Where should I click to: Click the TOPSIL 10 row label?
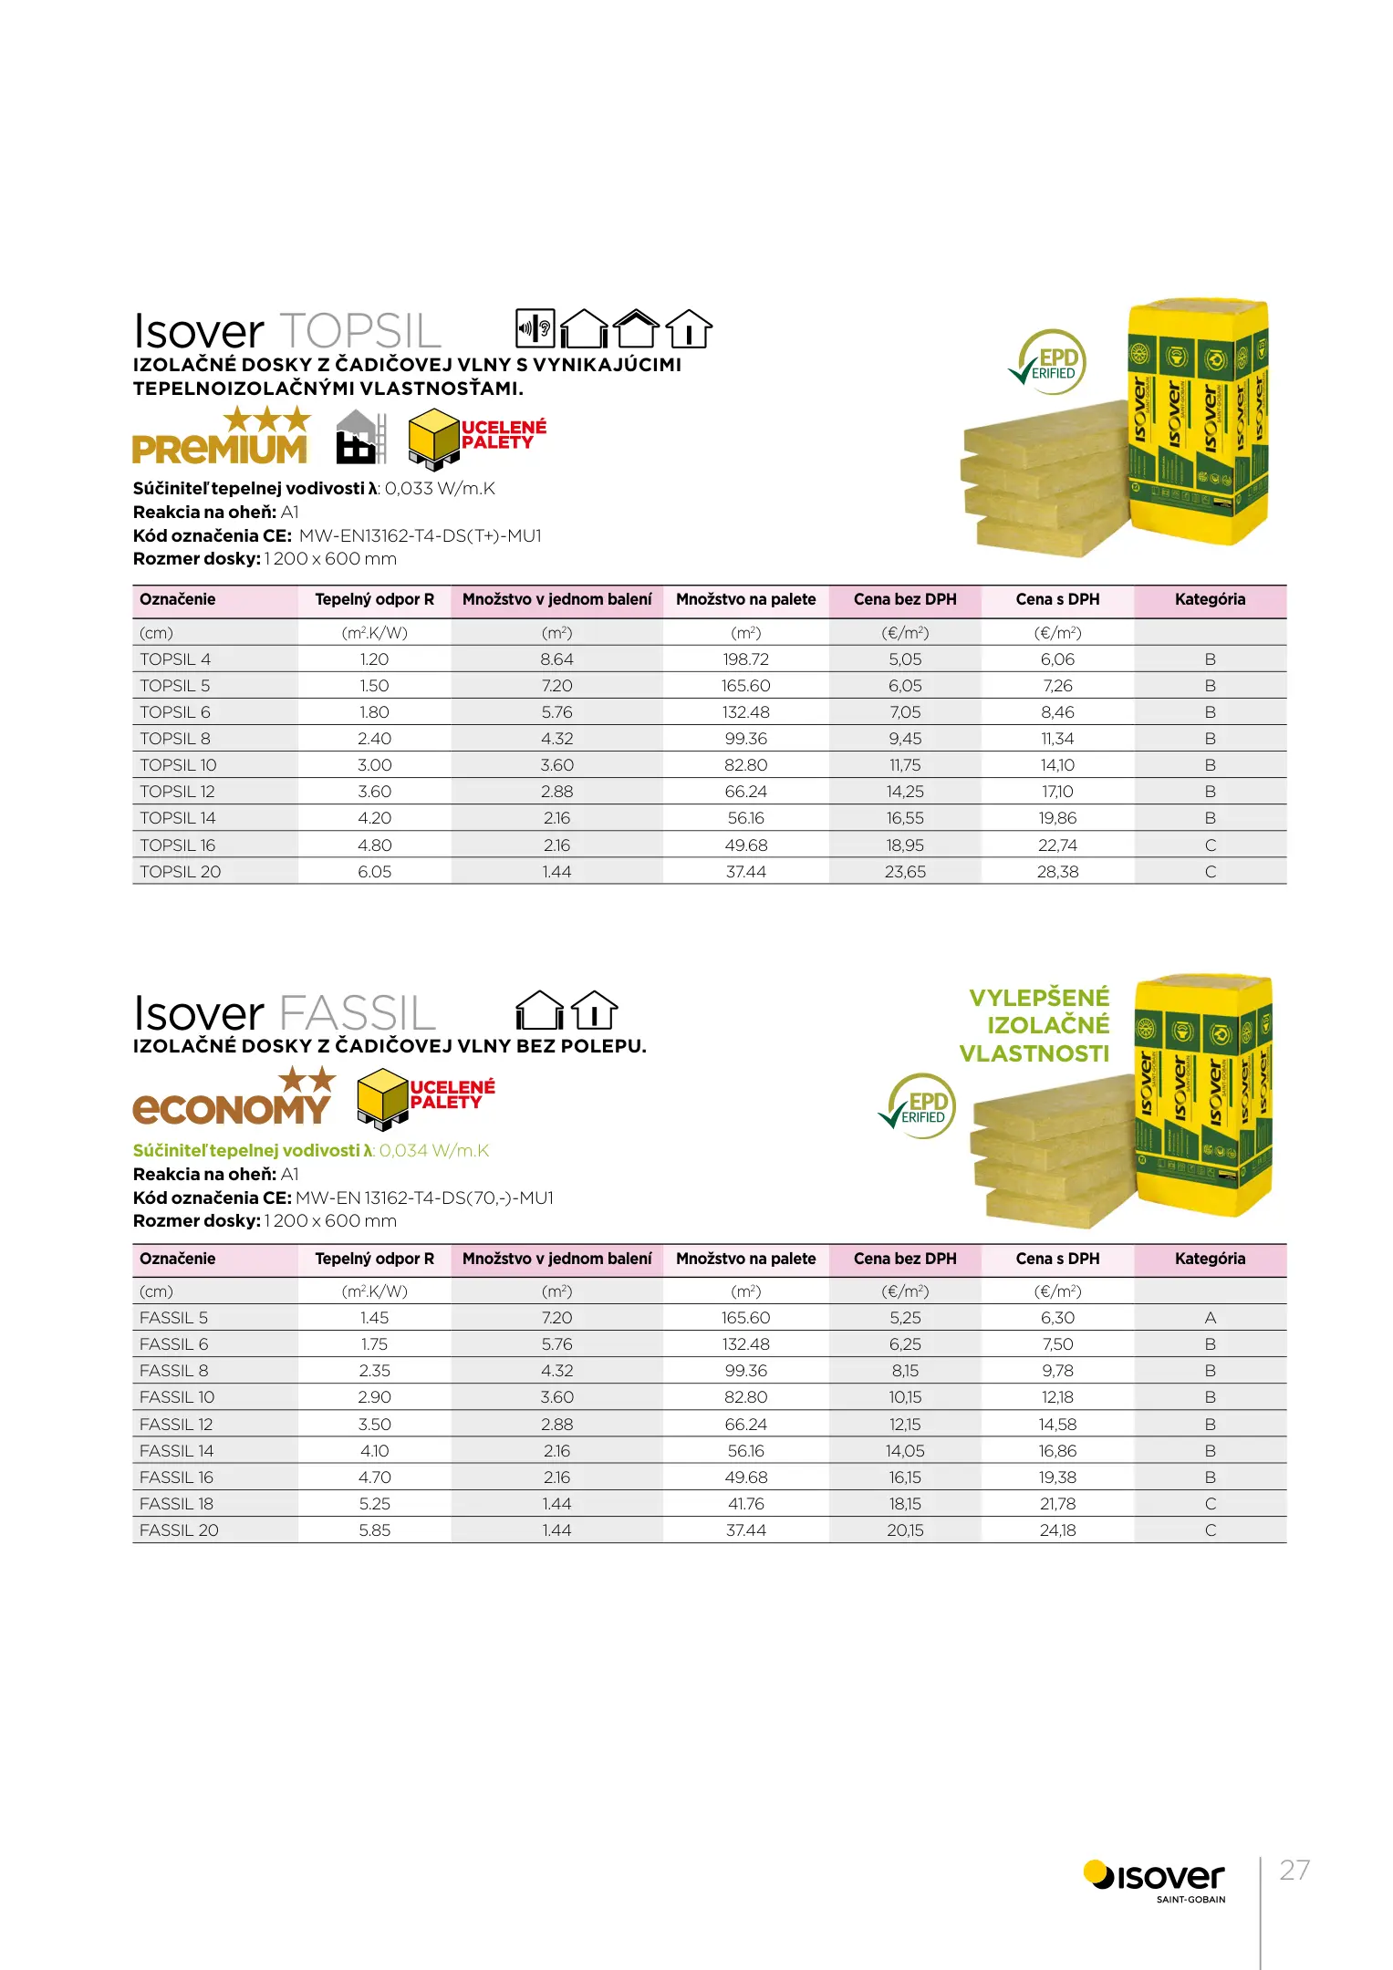178,765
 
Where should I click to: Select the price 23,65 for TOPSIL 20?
905,872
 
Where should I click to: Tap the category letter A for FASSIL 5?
1210,1318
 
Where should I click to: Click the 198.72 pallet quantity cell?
745,659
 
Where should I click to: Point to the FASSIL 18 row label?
176,1504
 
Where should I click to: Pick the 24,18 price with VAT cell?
1057,1530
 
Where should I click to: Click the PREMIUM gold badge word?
220,450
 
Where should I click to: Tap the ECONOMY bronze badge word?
231,1109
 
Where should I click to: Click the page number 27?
1294,1871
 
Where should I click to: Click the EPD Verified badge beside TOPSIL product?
1049,362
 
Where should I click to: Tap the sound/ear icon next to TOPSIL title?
535,328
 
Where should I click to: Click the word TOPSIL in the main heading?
360,331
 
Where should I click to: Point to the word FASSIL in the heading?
358,1013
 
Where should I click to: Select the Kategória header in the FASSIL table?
1210,1259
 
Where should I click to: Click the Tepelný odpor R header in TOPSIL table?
374,600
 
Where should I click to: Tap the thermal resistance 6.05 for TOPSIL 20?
374,872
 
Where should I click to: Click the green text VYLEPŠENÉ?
1039,998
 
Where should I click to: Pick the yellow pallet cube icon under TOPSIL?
432,438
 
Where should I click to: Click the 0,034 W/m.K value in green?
434,1151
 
